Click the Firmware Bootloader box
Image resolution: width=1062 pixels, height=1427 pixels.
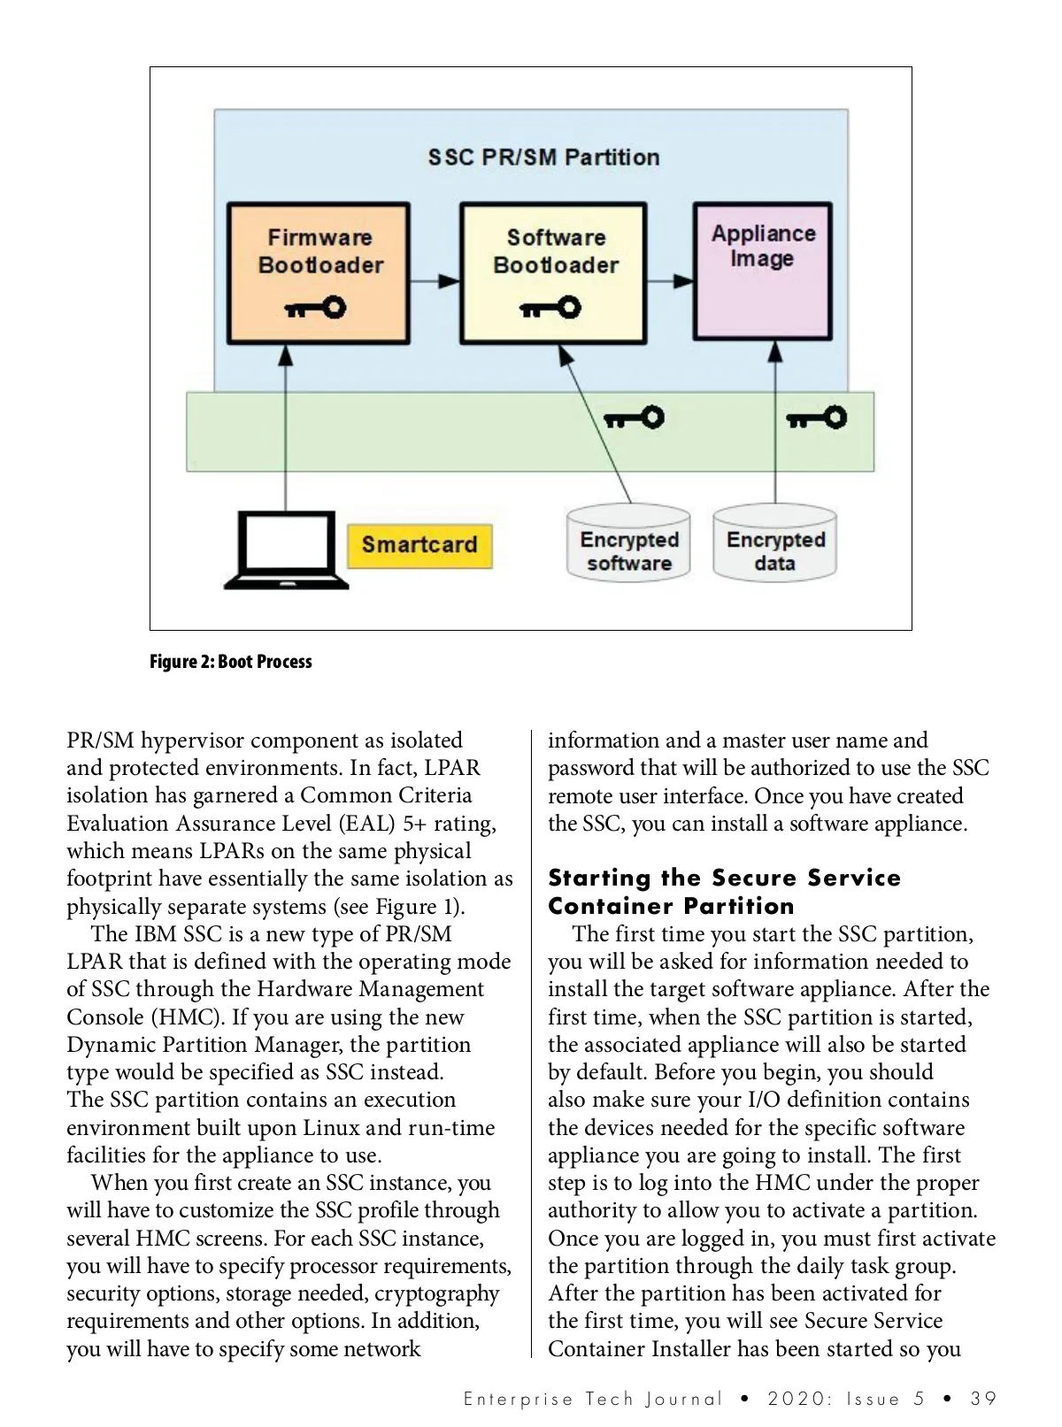click(x=319, y=272)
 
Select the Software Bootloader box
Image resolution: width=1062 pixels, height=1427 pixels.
click(x=554, y=272)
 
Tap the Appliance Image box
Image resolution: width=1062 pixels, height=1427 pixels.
click(x=762, y=271)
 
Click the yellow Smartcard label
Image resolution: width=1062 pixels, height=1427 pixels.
click(x=419, y=544)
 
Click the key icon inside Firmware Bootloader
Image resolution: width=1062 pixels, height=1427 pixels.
click(x=315, y=308)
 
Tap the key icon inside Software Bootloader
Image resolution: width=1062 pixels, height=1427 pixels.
click(x=550, y=308)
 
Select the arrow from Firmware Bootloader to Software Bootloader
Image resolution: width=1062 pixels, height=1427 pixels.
click(x=435, y=281)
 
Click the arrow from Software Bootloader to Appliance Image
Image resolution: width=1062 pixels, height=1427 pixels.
click(x=670, y=281)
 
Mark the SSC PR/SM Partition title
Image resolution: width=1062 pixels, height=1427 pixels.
click(x=543, y=157)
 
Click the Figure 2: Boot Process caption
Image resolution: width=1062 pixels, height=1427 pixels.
click(x=231, y=662)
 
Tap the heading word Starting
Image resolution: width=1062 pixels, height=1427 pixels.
click(x=599, y=878)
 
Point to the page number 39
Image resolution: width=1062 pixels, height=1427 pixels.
click(x=983, y=1399)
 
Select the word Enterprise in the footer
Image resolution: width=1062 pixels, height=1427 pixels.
click(x=518, y=1399)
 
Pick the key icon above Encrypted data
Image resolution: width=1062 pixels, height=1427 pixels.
click(x=817, y=418)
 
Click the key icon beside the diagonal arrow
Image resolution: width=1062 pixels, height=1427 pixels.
click(x=634, y=418)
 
